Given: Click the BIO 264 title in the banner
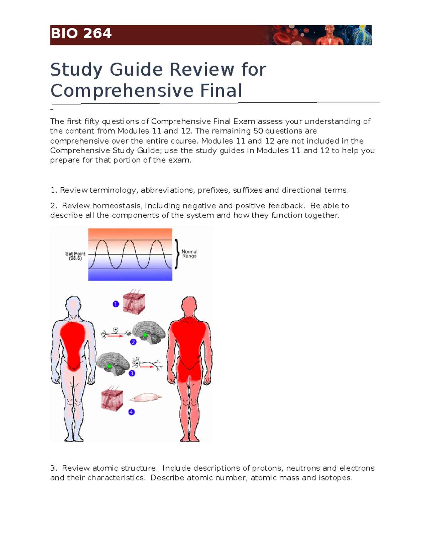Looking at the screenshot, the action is pyautogui.click(x=81, y=34).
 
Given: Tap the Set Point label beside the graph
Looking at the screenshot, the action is pyautogui.click(x=75, y=256).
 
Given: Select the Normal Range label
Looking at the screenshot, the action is pyautogui.click(x=189, y=254).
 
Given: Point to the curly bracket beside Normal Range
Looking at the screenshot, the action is pyautogui.click(x=177, y=254).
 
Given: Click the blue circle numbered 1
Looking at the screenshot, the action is pyautogui.click(x=116, y=304).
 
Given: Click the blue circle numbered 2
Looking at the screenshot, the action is pyautogui.click(x=133, y=342).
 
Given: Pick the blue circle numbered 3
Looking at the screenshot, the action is pyautogui.click(x=132, y=373).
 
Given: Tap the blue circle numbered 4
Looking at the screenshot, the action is pyautogui.click(x=132, y=412).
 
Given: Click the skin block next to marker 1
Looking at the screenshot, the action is pyautogui.click(x=134, y=303).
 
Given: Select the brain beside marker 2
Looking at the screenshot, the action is pyautogui.click(x=149, y=332).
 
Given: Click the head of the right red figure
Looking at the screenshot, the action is pyautogui.click(x=189, y=306).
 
